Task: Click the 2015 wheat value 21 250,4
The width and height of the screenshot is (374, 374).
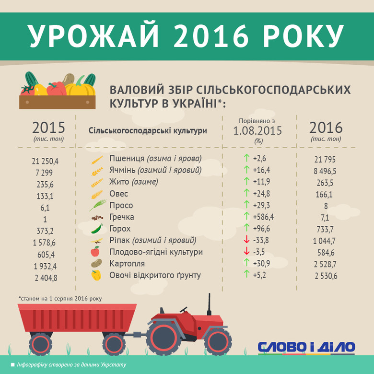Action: click(45, 161)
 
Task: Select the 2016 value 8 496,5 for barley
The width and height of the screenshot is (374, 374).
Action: click(325, 171)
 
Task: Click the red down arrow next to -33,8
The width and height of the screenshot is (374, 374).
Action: click(246, 239)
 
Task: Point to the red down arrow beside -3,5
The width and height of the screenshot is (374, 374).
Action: click(246, 251)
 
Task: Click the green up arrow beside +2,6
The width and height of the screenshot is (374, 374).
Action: click(246, 158)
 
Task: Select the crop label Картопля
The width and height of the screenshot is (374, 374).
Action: click(127, 264)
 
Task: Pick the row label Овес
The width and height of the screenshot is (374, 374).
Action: click(118, 194)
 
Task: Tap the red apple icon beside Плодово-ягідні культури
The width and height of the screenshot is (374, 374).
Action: click(95, 251)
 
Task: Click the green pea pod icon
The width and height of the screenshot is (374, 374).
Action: click(97, 229)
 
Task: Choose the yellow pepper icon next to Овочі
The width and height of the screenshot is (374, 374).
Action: click(96, 275)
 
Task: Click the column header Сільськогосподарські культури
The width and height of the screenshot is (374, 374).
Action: click(148, 131)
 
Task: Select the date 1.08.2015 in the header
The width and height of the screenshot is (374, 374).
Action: click(257, 131)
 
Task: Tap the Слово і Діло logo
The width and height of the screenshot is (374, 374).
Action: click(306, 348)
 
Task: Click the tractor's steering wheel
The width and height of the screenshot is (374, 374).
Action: click(184, 310)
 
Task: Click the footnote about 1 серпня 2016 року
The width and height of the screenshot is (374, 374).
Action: click(60, 299)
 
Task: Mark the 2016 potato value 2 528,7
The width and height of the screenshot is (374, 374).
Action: click(325, 264)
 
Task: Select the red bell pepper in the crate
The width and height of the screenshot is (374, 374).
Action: click(57, 89)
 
